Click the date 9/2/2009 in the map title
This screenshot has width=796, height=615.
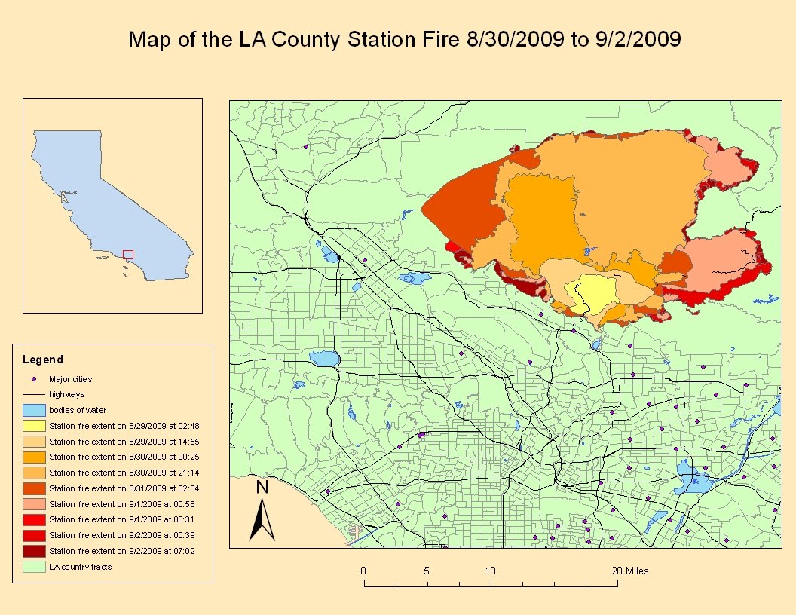click(643, 39)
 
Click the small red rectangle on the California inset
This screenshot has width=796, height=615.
click(128, 254)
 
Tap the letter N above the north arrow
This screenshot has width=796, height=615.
click(262, 487)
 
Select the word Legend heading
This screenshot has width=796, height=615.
click(43, 360)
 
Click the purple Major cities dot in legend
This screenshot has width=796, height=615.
click(34, 379)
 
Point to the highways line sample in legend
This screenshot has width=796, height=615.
click(34, 394)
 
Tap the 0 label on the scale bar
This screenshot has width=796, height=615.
click(363, 571)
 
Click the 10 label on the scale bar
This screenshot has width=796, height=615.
click(491, 571)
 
